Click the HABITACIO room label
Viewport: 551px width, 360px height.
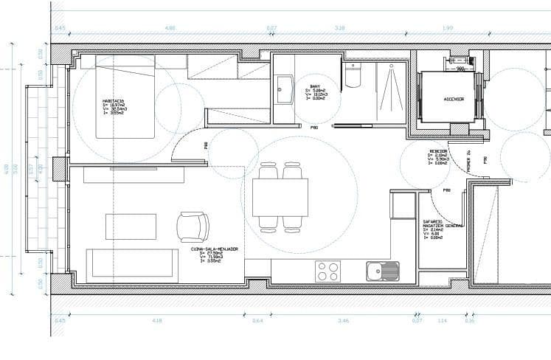[x=114, y=101]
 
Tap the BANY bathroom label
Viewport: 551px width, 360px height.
[x=314, y=86]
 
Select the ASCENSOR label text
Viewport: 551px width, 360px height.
[x=453, y=98]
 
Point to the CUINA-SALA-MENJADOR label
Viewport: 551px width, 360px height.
[x=215, y=249]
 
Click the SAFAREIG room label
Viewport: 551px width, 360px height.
[x=432, y=221]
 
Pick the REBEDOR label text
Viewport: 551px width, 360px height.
[x=439, y=150]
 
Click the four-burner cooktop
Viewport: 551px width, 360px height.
[x=328, y=271]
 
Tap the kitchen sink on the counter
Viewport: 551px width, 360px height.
[x=382, y=271]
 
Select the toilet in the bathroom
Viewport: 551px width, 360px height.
[x=353, y=75]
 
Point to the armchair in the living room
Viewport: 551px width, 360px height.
[x=193, y=226]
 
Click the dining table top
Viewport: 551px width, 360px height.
[x=280, y=197]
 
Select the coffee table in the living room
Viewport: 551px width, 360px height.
[x=131, y=226]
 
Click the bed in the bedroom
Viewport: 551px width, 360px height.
[x=125, y=96]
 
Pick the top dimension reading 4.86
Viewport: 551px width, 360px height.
[x=170, y=28]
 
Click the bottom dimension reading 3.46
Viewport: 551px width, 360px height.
[x=343, y=320]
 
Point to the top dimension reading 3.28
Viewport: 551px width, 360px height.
[x=340, y=28]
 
